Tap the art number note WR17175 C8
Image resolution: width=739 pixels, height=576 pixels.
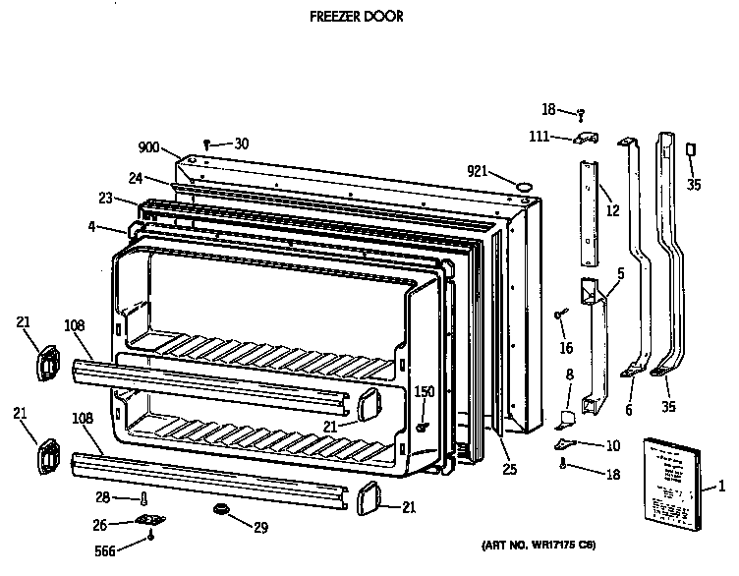point(539,545)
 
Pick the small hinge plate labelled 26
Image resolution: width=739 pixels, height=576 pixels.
point(148,521)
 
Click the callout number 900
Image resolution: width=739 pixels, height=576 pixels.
point(148,147)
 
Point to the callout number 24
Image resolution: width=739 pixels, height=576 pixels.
point(135,178)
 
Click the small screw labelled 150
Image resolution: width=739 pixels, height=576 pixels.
point(422,427)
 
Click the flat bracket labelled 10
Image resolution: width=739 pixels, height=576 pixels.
point(580,444)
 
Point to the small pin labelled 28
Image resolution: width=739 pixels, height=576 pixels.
point(144,499)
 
